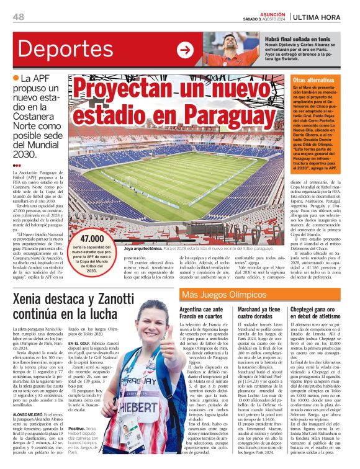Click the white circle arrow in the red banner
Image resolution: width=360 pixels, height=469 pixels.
point(186,50)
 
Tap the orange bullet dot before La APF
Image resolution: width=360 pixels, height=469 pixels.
point(16,78)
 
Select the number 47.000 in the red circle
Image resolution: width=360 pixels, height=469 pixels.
point(92,239)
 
